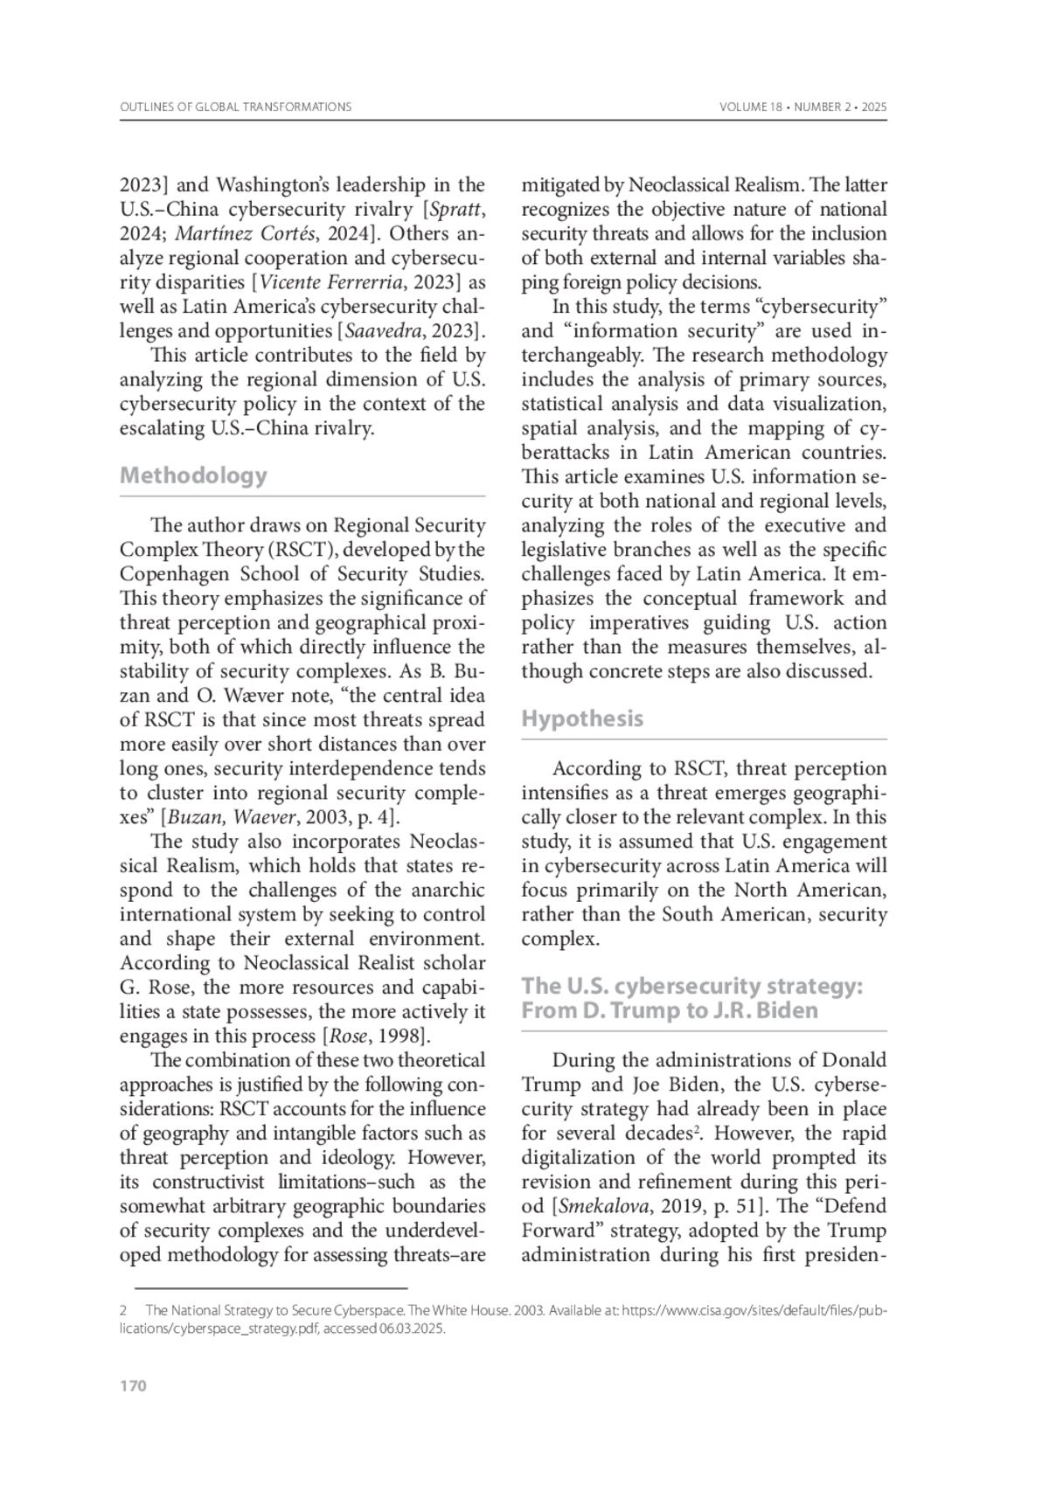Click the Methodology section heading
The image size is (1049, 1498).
click(193, 475)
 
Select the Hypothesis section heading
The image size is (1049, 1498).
click(582, 718)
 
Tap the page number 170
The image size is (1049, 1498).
click(133, 1386)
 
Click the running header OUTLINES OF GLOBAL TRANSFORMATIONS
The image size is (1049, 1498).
click(235, 107)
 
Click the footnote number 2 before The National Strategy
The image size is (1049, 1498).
click(124, 1311)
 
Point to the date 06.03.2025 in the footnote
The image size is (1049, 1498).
click(412, 1328)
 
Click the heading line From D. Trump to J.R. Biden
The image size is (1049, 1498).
click(670, 1010)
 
